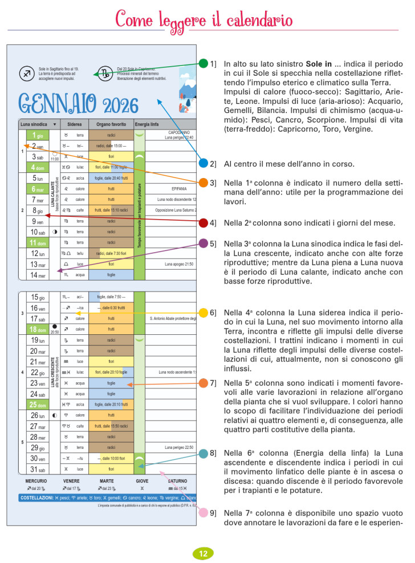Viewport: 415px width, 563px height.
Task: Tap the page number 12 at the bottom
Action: pyautogui.click(x=203, y=553)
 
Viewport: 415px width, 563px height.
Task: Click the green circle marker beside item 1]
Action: pyautogui.click(x=204, y=63)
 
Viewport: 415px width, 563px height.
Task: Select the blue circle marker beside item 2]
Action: pyautogui.click(x=204, y=163)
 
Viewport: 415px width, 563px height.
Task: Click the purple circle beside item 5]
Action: pyautogui.click(x=204, y=243)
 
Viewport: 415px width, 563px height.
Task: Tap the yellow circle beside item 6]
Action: pyautogui.click(x=204, y=313)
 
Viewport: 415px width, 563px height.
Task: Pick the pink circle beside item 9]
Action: pyautogui.click(x=204, y=513)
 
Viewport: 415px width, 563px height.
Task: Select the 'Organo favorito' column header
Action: pyautogui.click(x=111, y=124)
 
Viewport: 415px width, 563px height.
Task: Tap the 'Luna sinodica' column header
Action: pyautogui.click(x=34, y=124)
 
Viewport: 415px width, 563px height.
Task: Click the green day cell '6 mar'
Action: pyautogui.click(x=37, y=189)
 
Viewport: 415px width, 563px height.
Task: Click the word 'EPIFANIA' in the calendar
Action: pyautogui.click(x=179, y=189)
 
